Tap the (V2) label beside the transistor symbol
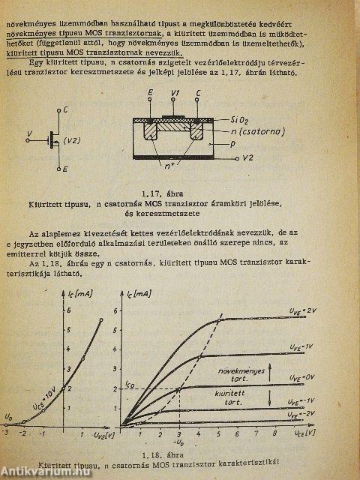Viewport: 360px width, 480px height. coord(73,140)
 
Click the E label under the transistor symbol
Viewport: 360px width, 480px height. coord(66,169)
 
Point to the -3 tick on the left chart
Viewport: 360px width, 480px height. coord(6,434)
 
